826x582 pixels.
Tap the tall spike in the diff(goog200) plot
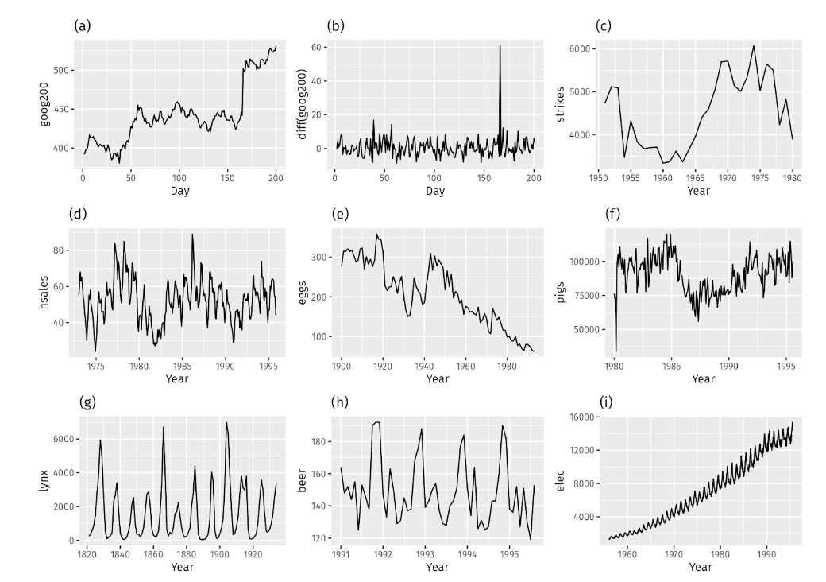(500, 47)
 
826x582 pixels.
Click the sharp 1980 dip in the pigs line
(617, 351)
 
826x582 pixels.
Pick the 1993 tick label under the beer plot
(425, 554)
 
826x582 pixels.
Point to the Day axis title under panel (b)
(434, 192)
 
